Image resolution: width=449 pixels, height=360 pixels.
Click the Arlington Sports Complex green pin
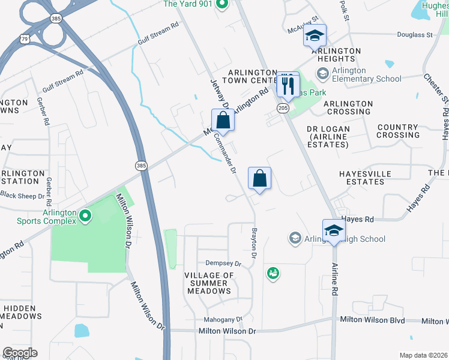pos(85,215)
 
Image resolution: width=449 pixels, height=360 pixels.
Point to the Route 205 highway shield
pos(283,107)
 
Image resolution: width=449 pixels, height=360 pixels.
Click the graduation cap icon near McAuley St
pos(314,37)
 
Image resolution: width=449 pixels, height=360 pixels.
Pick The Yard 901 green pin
pos(221,5)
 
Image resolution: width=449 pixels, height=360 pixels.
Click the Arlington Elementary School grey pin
pos(323,73)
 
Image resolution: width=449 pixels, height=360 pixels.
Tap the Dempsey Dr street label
pos(223,263)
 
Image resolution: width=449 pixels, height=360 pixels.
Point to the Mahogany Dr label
pos(223,319)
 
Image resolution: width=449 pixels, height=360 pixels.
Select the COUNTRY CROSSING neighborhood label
pos(398,131)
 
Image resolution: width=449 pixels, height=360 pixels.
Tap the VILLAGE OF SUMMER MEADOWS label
pos(208,283)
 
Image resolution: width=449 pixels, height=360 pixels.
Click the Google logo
pos(20,353)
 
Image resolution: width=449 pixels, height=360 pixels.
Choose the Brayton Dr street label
pos(254,247)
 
